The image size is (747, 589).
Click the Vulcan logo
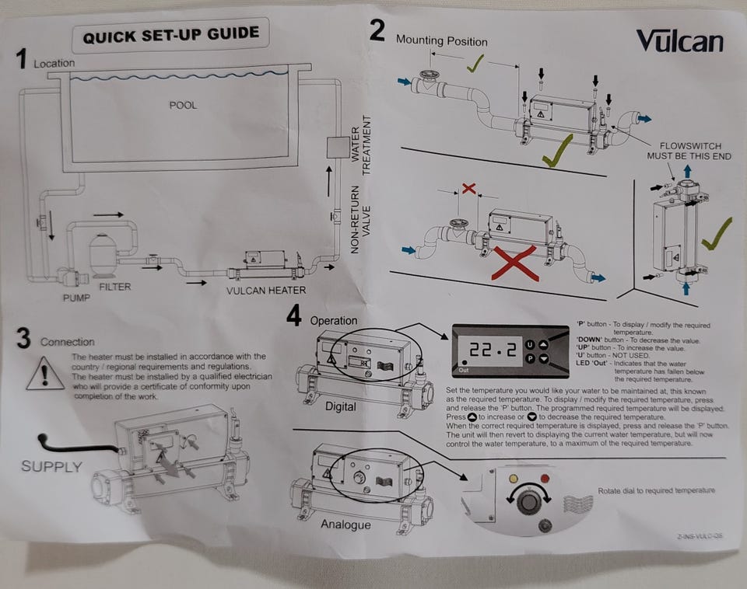[679, 40]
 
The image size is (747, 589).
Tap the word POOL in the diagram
[183, 105]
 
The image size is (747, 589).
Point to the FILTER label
[115, 287]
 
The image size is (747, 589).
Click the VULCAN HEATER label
[266, 291]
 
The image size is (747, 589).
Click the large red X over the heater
[513, 262]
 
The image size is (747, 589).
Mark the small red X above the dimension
[468, 189]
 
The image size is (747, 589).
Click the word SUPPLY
[51, 467]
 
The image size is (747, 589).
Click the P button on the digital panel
[529, 359]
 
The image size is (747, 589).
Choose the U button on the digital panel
[529, 343]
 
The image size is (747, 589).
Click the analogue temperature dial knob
[528, 501]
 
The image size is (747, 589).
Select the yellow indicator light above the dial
[513, 477]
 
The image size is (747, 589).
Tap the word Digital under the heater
[340, 406]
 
